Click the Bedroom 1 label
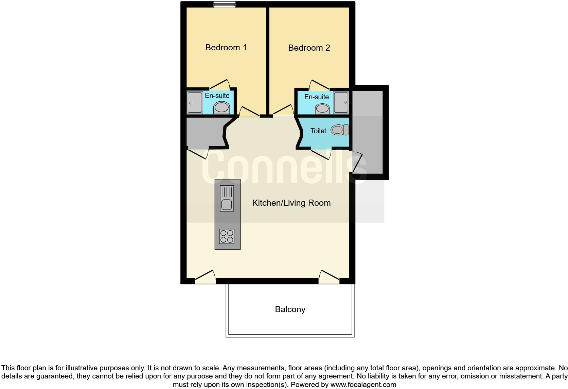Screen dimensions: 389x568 (226, 47)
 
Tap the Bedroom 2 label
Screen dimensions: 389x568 (309, 48)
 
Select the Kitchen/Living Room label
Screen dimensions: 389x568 (291, 203)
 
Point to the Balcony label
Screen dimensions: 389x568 (290, 309)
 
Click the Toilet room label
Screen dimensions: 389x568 (318, 131)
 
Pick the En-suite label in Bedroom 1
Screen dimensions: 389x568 (217, 96)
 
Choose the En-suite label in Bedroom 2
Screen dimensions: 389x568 (316, 97)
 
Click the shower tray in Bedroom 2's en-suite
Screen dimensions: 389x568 (341, 102)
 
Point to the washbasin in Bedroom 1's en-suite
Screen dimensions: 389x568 (221, 108)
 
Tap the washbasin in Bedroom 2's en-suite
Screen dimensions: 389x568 (322, 109)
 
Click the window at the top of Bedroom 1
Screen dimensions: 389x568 (225, 4)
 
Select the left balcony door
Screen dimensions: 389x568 (205, 277)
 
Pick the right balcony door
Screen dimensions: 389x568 (329, 277)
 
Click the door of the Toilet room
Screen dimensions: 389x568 (321, 154)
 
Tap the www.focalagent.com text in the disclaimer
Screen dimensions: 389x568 (363, 385)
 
